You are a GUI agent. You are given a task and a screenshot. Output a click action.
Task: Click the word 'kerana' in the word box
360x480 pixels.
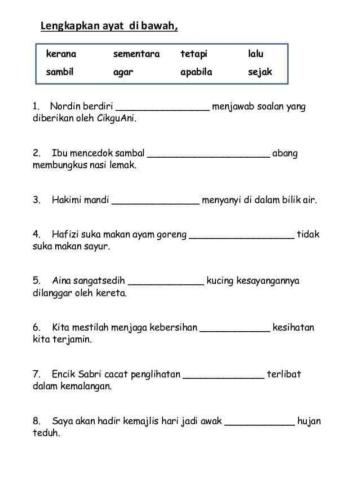point(61,53)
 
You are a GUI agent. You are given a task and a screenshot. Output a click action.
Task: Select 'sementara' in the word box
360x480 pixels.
point(136,53)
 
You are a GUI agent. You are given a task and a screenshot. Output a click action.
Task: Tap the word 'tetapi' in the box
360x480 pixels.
point(194,53)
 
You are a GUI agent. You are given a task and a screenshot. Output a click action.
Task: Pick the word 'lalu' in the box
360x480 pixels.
point(255,53)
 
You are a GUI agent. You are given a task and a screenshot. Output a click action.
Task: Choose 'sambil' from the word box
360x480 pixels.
point(61,72)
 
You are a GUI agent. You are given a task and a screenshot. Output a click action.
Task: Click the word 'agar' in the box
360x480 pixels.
point(124,72)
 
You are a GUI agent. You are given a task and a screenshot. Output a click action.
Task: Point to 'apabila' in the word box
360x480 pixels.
point(197,72)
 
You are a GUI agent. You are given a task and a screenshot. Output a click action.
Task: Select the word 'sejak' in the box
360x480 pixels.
point(260,72)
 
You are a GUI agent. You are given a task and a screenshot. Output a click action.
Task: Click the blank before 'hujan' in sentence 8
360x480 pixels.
point(259,422)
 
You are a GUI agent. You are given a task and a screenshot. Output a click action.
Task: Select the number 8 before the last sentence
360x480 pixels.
point(36,421)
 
